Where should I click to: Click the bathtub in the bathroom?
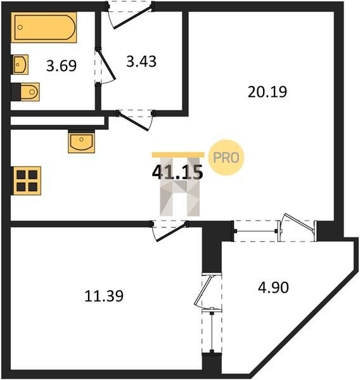[44, 27]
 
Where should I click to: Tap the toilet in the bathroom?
[25, 92]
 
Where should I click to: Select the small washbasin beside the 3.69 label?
[20, 65]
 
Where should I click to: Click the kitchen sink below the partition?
[82, 143]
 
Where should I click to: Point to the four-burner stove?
[26, 180]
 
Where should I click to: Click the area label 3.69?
[61, 66]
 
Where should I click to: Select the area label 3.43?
[141, 61]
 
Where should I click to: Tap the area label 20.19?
[267, 92]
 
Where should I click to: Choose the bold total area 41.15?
[177, 172]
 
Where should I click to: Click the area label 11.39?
[104, 296]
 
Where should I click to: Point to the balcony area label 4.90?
[273, 288]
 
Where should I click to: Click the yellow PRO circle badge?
[226, 158]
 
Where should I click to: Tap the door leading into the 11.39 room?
[169, 231]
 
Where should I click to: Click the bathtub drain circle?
[20, 27]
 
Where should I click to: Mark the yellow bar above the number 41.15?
[178, 155]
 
